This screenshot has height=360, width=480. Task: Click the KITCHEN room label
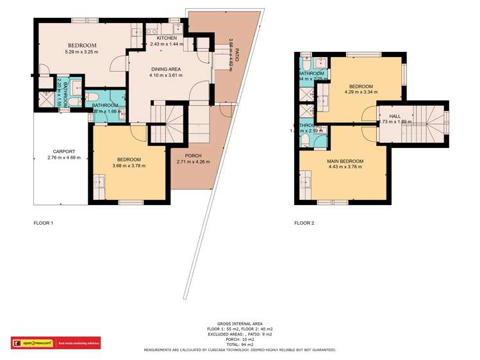coord(166,37)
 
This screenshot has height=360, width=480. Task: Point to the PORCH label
coord(193,156)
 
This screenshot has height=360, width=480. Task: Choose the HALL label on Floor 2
coord(395,116)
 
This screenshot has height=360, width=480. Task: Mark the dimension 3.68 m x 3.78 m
coord(129,166)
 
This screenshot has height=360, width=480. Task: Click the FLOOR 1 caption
coord(43,224)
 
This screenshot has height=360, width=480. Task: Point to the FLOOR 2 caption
coord(304,224)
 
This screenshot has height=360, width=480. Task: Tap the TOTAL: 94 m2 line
coord(239,345)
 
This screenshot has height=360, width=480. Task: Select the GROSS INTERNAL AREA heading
coord(239,324)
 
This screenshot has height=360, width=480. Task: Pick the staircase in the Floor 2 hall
coord(430,122)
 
